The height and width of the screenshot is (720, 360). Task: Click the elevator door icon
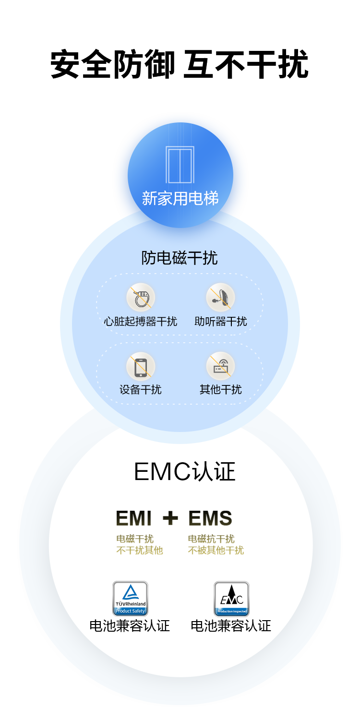coord(180,164)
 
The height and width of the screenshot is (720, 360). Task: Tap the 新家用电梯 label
coord(180,198)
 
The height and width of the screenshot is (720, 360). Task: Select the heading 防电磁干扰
coord(180,258)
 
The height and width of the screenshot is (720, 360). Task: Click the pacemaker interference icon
coord(141,298)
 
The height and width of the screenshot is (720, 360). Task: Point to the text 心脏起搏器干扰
coord(141,321)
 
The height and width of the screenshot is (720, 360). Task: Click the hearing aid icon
coord(220,298)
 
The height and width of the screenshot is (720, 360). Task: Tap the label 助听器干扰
coord(221,321)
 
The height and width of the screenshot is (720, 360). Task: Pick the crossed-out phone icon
coord(141,367)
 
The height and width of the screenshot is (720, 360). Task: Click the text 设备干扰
coord(141,390)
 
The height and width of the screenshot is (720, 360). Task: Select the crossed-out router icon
coord(220,367)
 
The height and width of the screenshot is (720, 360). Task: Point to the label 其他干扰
coord(221,390)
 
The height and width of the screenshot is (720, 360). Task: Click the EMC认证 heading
coord(185,472)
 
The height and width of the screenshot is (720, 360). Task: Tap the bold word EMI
coord(134,518)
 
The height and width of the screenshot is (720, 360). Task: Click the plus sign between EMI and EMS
coord(170,518)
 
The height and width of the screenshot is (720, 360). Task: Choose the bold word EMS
coord(210,518)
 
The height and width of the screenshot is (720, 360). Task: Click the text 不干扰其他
coord(140,551)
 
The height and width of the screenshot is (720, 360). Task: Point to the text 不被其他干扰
coord(216,551)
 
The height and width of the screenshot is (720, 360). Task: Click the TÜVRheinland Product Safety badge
coord(130,599)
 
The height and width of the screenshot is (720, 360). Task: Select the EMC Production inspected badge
coord(231,599)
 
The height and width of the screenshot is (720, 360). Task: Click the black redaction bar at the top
coord(180,63)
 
